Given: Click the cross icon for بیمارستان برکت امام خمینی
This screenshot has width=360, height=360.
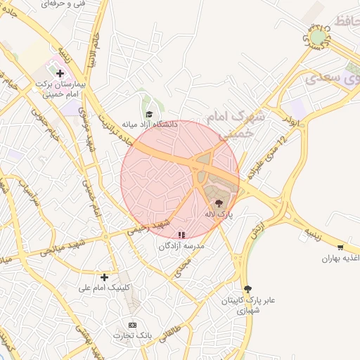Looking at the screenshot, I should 60,72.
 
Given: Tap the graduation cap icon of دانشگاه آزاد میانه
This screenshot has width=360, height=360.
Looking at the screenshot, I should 148,115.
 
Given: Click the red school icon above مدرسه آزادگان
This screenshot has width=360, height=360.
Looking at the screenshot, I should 182,236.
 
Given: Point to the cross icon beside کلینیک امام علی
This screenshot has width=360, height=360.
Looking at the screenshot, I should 105,277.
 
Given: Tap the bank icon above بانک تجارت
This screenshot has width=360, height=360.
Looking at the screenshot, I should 132,325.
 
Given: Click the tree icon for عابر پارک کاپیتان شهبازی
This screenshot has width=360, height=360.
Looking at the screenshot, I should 247,289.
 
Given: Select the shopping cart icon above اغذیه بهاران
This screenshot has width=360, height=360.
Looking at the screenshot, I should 341,247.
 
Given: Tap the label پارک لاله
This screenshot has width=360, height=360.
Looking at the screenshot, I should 218,212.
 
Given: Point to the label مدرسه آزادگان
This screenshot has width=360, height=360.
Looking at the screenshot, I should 181,246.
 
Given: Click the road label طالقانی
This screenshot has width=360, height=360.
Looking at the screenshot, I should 172,328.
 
